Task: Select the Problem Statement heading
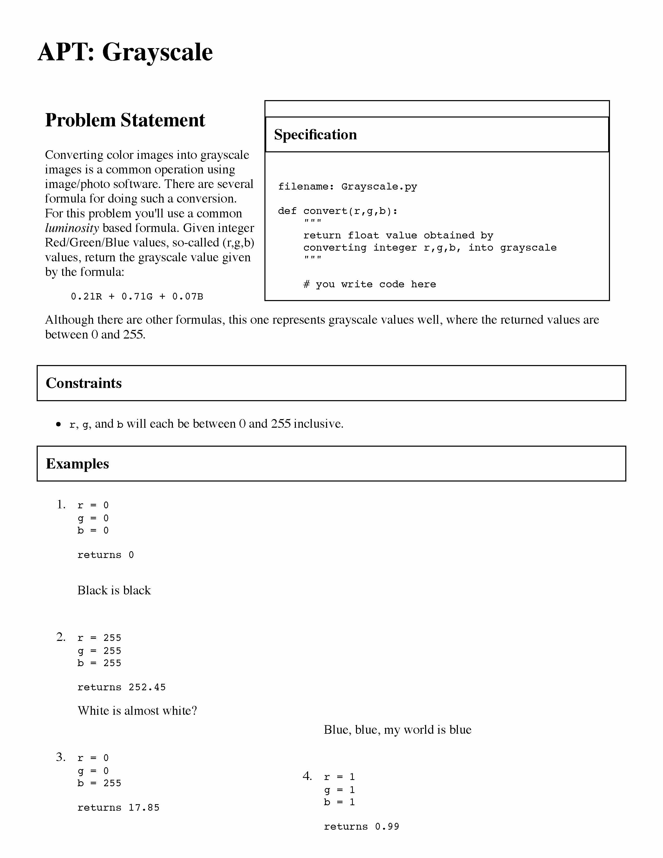tap(125, 120)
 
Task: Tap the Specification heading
tap(315, 135)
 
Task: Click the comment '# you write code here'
tap(370, 284)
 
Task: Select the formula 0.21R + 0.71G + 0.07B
tap(137, 297)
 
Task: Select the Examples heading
tap(77, 464)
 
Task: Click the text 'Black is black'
tap(114, 590)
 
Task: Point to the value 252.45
tap(147, 687)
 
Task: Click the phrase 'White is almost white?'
tap(137, 711)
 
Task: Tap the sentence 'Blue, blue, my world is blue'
tap(398, 730)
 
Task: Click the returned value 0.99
tap(387, 827)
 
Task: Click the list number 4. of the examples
tap(307, 776)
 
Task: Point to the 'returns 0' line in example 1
tap(105, 555)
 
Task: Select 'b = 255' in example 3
tap(99, 783)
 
